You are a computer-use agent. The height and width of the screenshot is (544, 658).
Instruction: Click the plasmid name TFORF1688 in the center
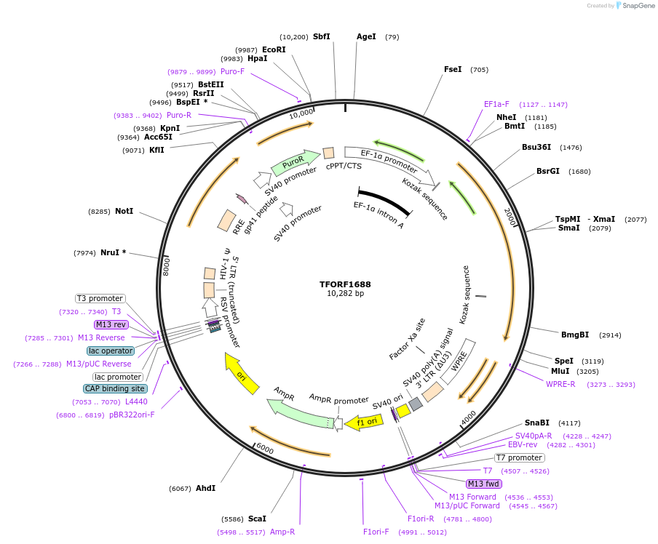point(345,284)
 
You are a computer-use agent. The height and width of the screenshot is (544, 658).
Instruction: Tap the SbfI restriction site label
point(321,36)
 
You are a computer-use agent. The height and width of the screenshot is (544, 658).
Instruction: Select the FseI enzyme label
point(453,69)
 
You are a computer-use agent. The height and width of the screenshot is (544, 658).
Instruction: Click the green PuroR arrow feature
point(295,161)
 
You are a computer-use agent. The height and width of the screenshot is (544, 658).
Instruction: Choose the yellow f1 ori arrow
point(365,421)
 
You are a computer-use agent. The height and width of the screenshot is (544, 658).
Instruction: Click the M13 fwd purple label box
point(484,484)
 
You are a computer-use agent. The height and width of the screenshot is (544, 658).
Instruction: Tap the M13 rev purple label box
point(111,324)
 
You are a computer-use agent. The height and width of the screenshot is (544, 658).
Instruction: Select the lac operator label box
point(111,351)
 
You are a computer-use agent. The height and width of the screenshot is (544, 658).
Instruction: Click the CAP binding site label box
point(115,388)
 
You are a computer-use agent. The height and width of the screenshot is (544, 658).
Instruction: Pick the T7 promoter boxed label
point(519,457)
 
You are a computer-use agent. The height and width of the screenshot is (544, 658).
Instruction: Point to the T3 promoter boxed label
point(100,298)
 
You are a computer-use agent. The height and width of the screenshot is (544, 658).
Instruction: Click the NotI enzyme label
point(124,211)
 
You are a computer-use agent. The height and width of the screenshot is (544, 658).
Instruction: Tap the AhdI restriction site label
point(205,488)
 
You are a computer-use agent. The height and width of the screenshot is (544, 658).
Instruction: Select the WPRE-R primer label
point(560,384)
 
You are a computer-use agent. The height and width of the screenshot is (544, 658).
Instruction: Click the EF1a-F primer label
point(496,104)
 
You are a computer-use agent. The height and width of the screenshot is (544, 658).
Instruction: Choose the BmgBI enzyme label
point(575,335)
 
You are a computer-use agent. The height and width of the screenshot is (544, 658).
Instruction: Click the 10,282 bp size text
point(345,294)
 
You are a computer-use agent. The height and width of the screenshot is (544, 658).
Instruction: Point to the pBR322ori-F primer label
point(132,415)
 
